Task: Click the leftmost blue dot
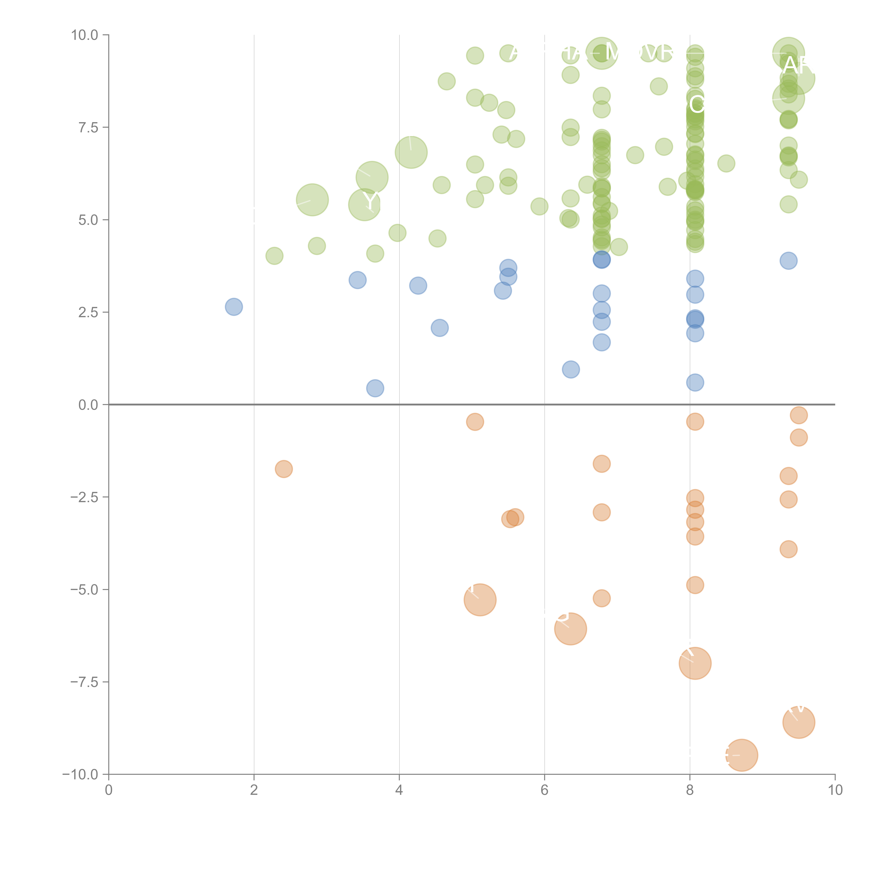coord(234,307)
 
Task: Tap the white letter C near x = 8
coord(696,104)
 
